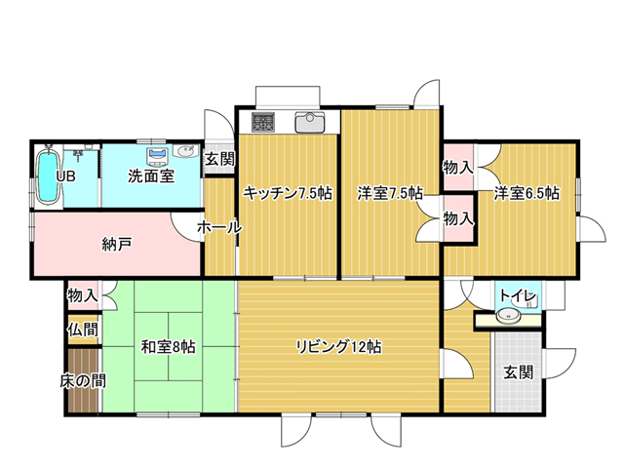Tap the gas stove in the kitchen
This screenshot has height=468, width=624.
pos(262,122)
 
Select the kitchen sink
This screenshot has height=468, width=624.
pos(310,122)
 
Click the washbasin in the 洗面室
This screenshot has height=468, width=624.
pos(186,151)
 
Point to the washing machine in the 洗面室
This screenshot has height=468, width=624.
pos(158,157)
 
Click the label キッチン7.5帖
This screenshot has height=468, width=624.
pos(288,194)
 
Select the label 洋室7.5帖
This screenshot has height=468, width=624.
pos(390,194)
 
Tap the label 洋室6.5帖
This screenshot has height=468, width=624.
pos(526,193)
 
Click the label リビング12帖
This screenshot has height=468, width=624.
pos(339,347)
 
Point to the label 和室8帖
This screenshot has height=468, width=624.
pos(169,347)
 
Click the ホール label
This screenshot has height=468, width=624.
pos(219,227)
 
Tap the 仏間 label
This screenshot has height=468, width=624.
pos(83,330)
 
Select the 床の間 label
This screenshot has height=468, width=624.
pos(83,381)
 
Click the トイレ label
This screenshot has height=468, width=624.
pos(518,296)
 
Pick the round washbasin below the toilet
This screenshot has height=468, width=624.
pos(509,315)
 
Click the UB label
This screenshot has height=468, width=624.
pos(65,176)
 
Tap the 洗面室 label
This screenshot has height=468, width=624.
pos(151,175)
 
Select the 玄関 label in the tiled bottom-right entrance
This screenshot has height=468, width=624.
pos(519,372)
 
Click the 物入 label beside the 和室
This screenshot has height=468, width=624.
pos(83,295)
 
